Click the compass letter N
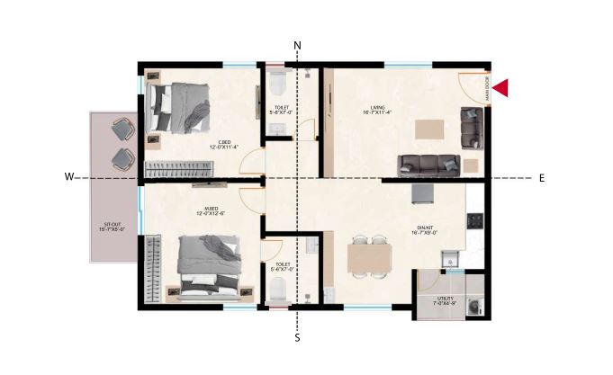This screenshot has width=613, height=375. (x=298, y=46)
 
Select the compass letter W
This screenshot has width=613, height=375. (x=68, y=177)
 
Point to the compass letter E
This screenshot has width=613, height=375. (x=541, y=178)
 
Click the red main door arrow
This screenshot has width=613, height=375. (x=501, y=87)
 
